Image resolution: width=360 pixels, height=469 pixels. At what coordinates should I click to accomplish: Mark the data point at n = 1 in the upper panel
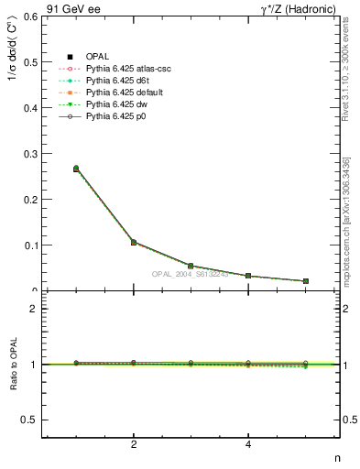(76, 169)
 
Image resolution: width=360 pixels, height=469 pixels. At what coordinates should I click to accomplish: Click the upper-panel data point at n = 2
(134, 243)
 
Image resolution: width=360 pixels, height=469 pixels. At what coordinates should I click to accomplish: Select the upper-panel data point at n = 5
(306, 281)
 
